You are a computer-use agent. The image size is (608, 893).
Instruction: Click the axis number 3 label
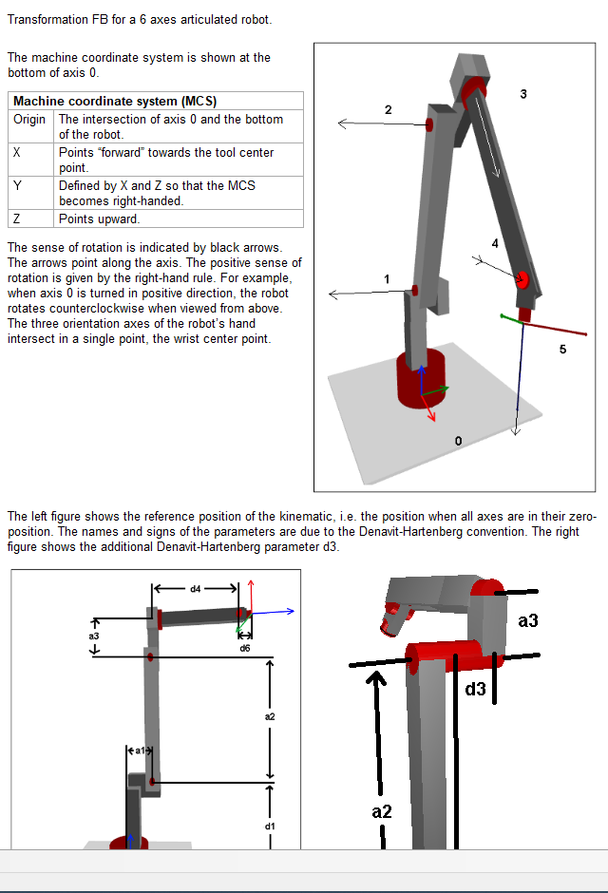[x=523, y=93]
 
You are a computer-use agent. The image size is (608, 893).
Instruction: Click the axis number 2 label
[x=388, y=110]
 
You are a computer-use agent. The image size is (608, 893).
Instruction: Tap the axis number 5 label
[x=562, y=350]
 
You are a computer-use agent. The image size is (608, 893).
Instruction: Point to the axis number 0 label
[x=459, y=442]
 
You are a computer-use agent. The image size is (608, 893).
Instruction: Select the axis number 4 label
[x=494, y=244]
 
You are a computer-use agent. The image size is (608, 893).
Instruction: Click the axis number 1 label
[x=387, y=277]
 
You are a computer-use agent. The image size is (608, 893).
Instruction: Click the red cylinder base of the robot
[x=420, y=378]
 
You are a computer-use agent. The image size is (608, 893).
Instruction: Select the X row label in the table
[x=17, y=153]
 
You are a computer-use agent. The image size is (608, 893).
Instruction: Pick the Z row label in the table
[x=17, y=218]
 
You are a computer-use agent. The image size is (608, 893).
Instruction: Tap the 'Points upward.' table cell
[x=99, y=218]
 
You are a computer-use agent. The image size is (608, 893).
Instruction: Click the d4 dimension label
[x=196, y=588]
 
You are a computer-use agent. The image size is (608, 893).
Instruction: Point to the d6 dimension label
[x=245, y=647]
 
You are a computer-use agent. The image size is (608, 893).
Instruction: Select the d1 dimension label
[x=270, y=826]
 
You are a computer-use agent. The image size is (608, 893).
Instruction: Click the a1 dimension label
[x=139, y=750]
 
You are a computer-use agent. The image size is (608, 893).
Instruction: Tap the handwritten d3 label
[x=476, y=689]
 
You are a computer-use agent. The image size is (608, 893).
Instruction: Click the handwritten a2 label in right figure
[x=382, y=811]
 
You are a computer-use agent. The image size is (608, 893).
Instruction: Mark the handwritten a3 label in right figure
[x=528, y=620]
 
